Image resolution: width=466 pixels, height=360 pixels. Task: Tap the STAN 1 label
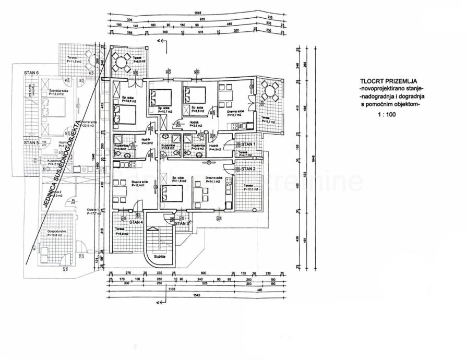(247, 143)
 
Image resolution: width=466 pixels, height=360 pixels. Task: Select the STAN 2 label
(247, 169)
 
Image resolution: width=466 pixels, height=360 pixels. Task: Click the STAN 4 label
(136, 222)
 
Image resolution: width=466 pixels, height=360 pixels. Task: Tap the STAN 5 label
(31, 142)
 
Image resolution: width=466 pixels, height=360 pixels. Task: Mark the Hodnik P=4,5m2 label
(214, 148)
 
